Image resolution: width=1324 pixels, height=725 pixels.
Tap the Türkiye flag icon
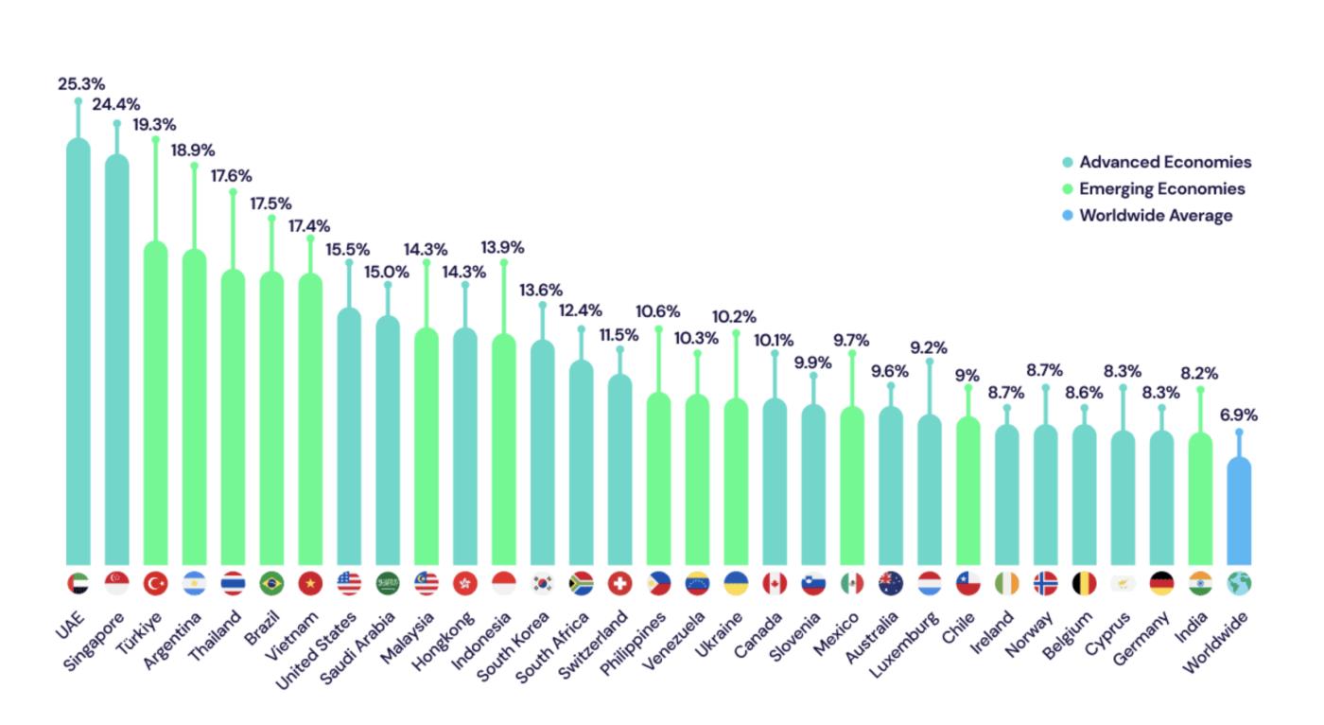click(155, 583)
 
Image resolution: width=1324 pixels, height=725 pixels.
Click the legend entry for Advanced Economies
click(1165, 162)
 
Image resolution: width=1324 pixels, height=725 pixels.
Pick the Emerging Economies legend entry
click(1162, 188)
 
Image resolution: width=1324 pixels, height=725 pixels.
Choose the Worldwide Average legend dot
click(1068, 216)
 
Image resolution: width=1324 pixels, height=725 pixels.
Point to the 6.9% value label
click(1239, 415)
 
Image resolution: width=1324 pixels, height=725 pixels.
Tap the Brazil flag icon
click(271, 583)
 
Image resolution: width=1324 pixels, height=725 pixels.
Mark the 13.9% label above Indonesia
click(503, 247)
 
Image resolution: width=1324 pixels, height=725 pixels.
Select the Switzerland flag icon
click(619, 583)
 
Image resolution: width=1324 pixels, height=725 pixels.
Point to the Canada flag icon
click(775, 583)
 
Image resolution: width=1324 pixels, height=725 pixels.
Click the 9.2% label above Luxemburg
click(929, 347)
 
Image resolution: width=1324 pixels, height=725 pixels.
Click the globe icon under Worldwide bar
click(1239, 583)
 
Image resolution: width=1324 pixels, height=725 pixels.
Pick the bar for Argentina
click(194, 407)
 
